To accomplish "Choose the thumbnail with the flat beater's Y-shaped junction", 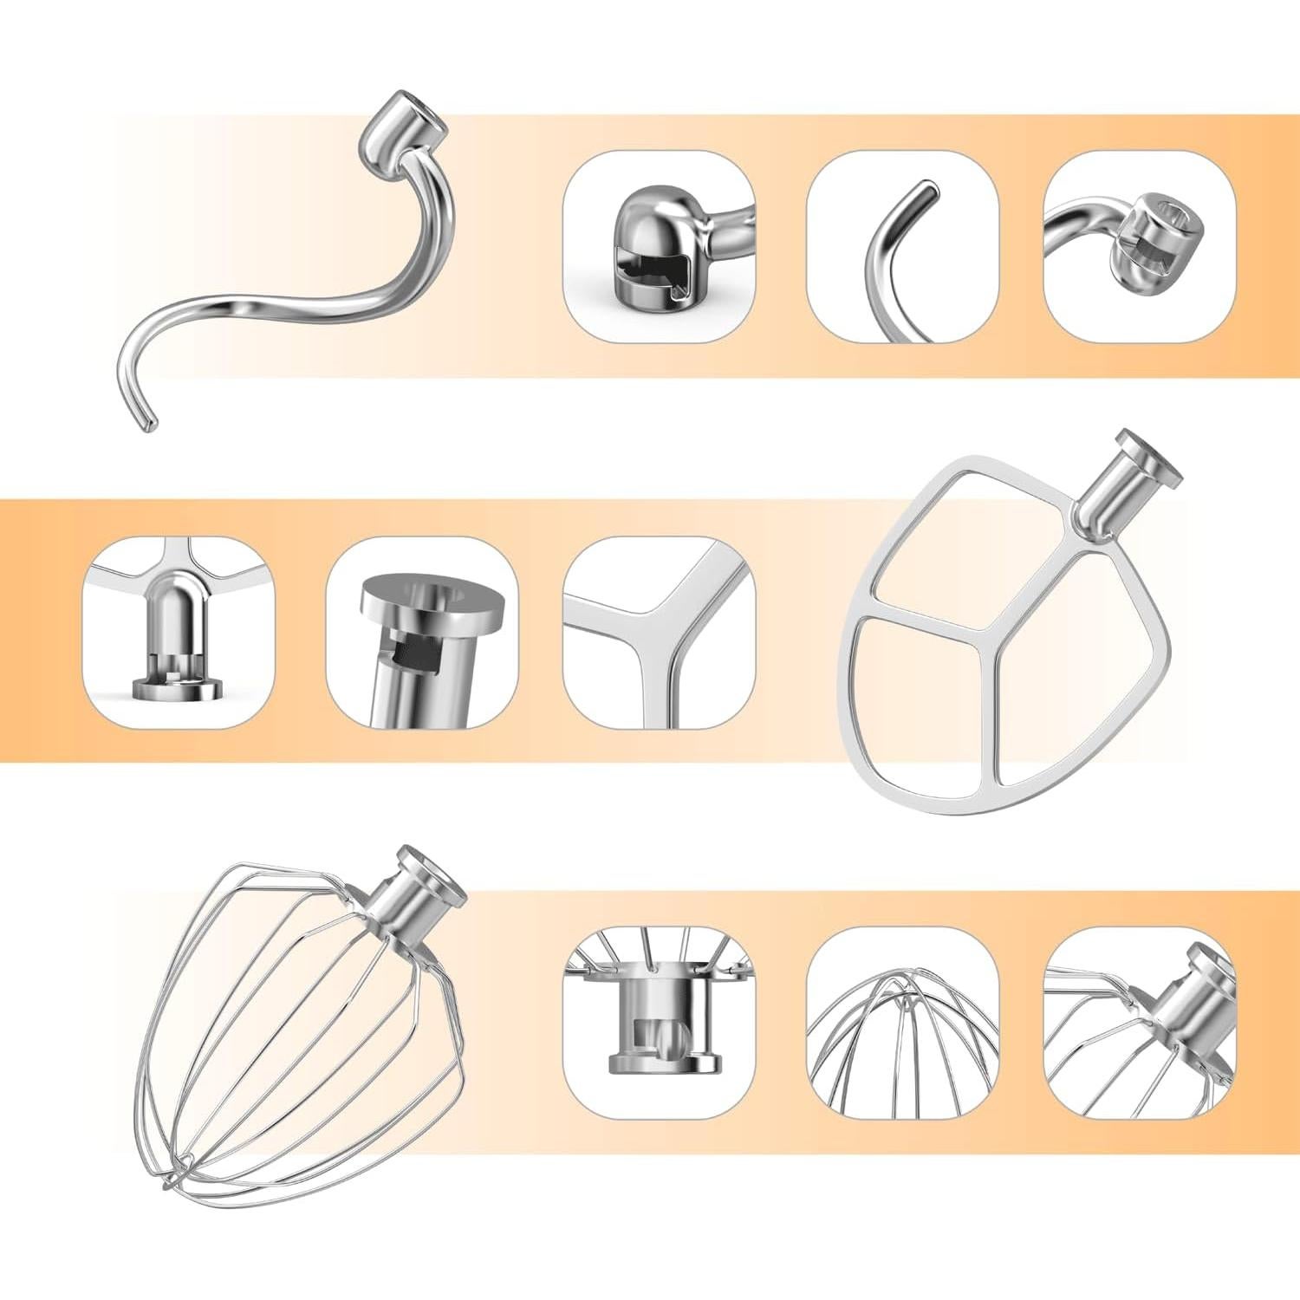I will pos(659,633).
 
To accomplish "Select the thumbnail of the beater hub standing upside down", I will pos(178,633).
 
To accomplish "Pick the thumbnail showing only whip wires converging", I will pos(901,1023).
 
